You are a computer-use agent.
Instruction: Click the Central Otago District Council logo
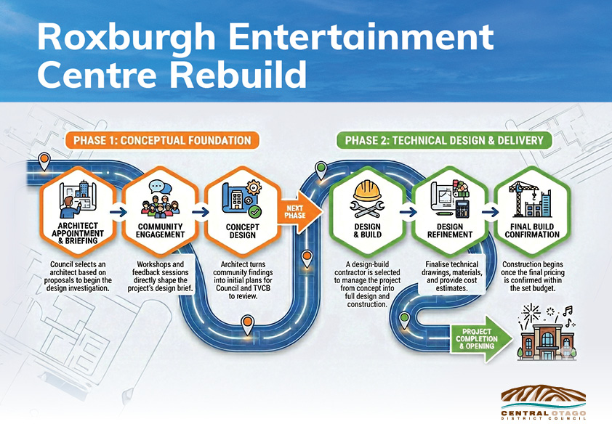(544, 403)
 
